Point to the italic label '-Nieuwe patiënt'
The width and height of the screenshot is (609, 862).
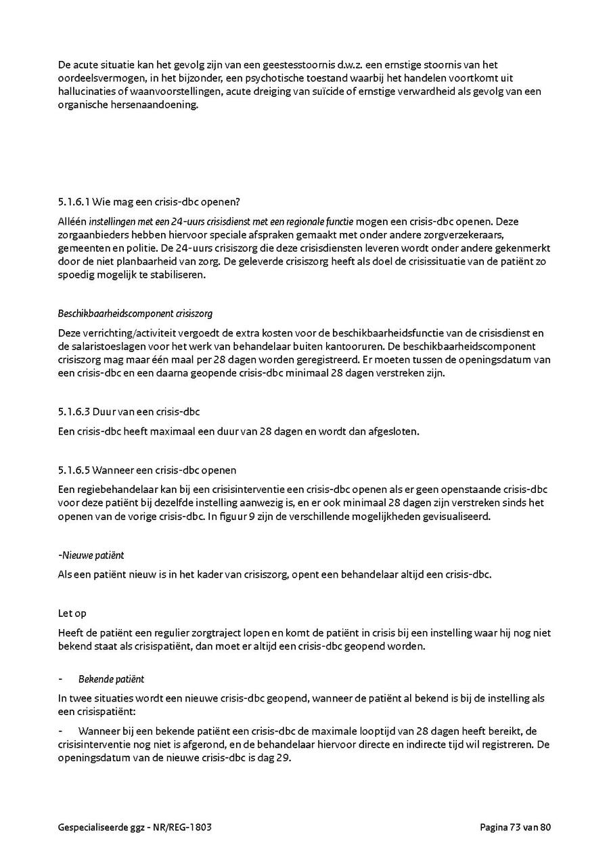pyautogui.click(x=91, y=555)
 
